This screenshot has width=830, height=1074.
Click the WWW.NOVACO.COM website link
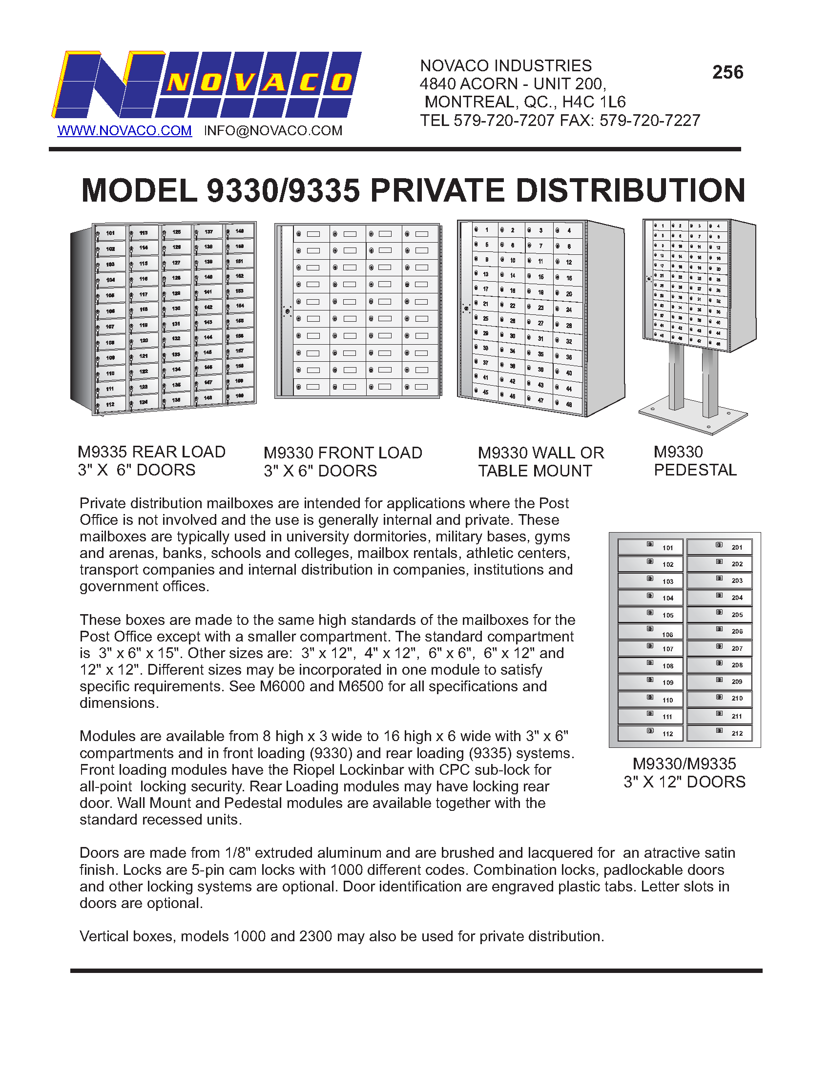point(124,131)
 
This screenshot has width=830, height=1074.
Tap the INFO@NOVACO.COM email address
point(273,131)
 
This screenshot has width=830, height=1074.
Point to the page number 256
point(728,72)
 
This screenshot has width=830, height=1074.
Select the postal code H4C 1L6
point(594,103)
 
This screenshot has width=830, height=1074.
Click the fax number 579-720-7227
point(649,121)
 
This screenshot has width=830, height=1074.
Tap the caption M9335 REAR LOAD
point(151,452)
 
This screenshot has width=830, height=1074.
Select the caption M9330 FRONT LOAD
point(343,453)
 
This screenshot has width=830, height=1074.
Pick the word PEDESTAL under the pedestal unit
point(695,470)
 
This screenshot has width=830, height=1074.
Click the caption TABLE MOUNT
point(535,471)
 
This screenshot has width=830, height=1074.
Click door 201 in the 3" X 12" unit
point(719,547)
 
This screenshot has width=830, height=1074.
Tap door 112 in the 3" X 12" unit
point(650,733)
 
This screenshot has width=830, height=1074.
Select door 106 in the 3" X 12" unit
point(650,631)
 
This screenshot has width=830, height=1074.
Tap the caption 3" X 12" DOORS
point(685,782)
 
